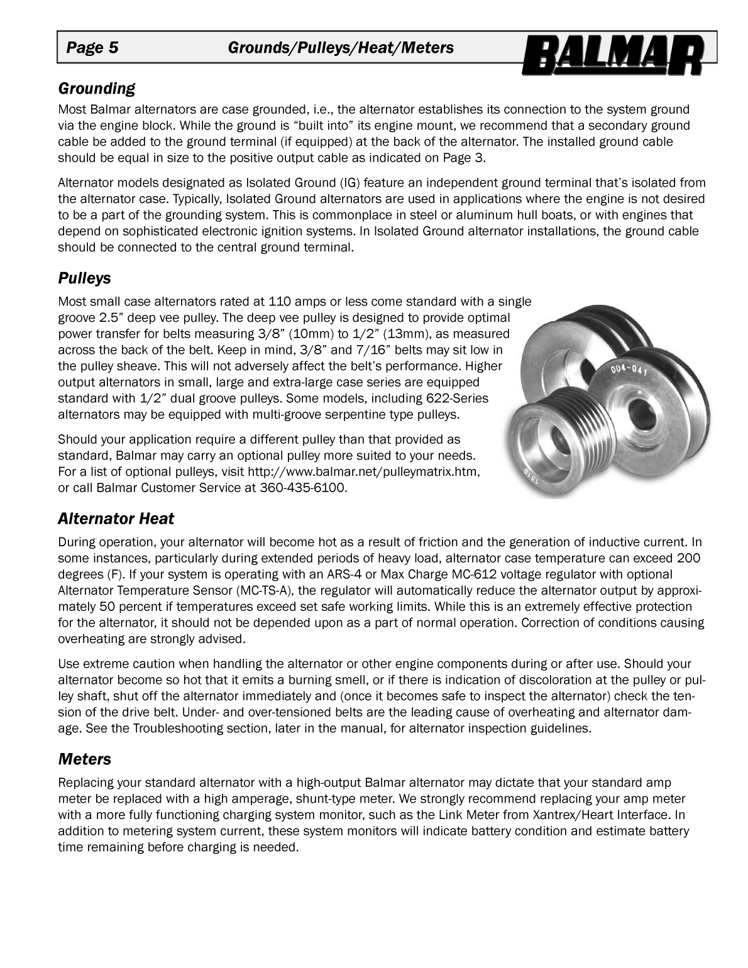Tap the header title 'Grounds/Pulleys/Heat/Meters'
coord(340,48)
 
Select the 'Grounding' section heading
coord(96,88)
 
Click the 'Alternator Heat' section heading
coord(116,519)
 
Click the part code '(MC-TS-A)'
coord(272,590)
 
